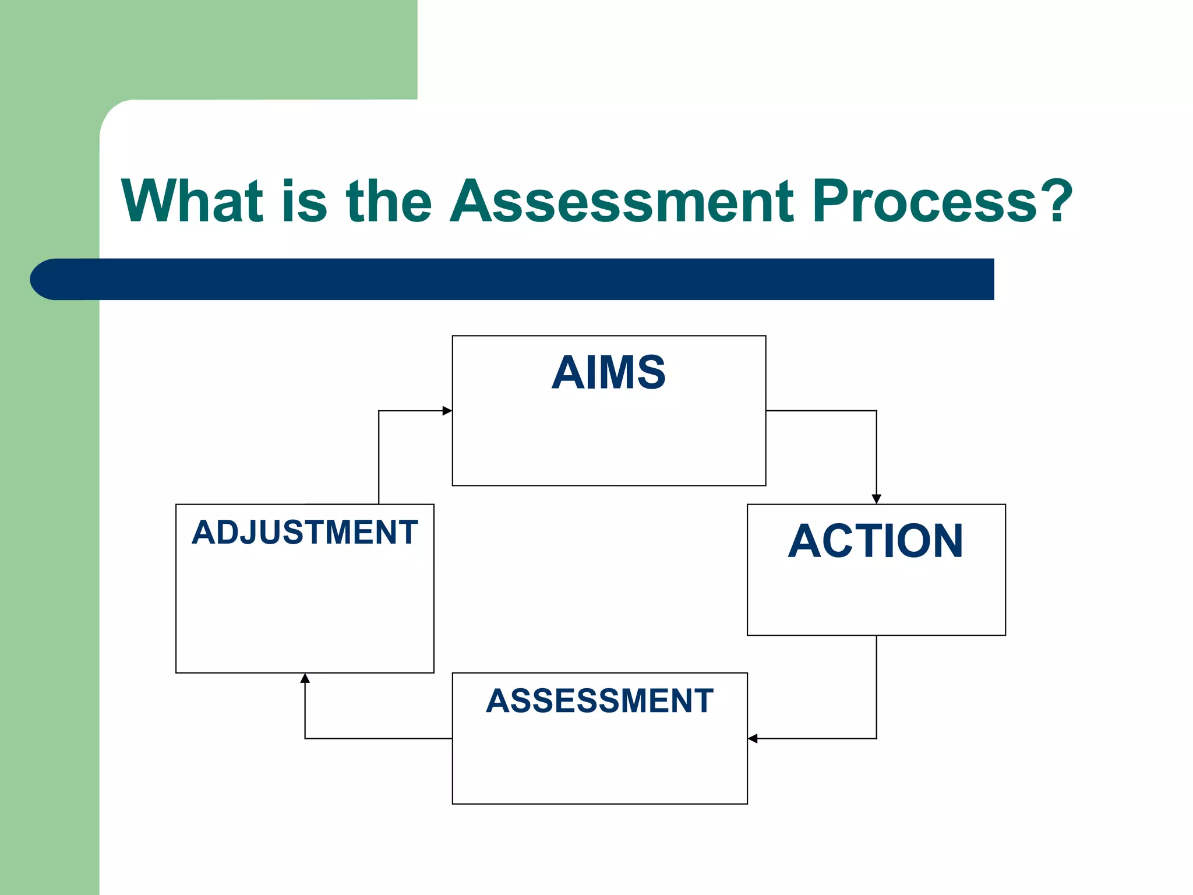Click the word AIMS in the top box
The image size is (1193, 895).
click(608, 372)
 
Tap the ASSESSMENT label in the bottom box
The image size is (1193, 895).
click(599, 700)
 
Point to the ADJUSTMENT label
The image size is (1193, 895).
click(305, 532)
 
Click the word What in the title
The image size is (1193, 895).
click(192, 200)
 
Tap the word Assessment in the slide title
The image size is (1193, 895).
click(622, 200)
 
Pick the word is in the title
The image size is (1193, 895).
click(304, 200)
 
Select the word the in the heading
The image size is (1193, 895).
click(389, 200)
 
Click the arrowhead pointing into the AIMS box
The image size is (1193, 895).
click(447, 411)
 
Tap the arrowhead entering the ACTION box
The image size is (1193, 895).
click(876, 499)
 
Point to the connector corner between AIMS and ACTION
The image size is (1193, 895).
click(876, 411)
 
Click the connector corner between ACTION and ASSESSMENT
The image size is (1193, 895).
click(876, 739)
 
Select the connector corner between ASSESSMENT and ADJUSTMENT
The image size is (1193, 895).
click(305, 739)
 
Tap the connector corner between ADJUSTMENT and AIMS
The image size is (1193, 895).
click(379, 411)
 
